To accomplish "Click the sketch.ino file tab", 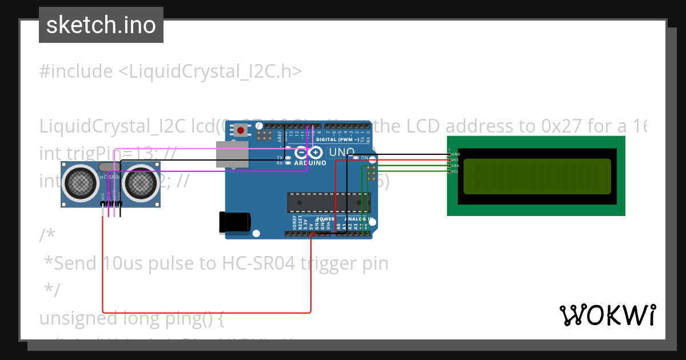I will tap(101, 25).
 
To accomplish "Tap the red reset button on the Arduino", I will tap(241, 131).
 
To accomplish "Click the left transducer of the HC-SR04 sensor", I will tap(81, 182).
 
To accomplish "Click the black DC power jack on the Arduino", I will tap(234, 222).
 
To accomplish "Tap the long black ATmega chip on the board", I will tap(328, 201).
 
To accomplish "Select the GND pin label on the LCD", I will tap(456, 154).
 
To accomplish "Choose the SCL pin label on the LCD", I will tap(456, 171).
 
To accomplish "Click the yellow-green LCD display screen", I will tap(537, 177).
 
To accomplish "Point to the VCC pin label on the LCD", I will tap(456, 160).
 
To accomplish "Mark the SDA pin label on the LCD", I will tap(456, 166).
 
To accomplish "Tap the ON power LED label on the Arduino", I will tap(364, 158).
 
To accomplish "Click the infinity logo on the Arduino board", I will tap(309, 153).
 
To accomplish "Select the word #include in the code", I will tap(76, 71).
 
